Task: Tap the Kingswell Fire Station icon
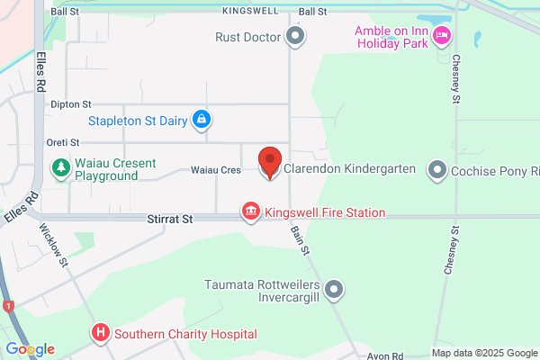click(x=250, y=212)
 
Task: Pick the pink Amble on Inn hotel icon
click(x=441, y=36)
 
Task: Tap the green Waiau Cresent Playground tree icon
click(x=60, y=168)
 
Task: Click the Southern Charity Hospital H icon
click(x=100, y=334)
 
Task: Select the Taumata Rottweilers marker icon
click(x=334, y=289)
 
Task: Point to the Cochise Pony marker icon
click(x=437, y=169)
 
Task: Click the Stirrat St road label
click(x=170, y=219)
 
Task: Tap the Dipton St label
click(x=71, y=105)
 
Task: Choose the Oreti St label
click(x=63, y=142)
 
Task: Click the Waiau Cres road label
click(x=215, y=169)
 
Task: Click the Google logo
click(x=30, y=349)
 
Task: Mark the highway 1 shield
click(x=9, y=306)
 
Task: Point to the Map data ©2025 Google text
click(x=484, y=353)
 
